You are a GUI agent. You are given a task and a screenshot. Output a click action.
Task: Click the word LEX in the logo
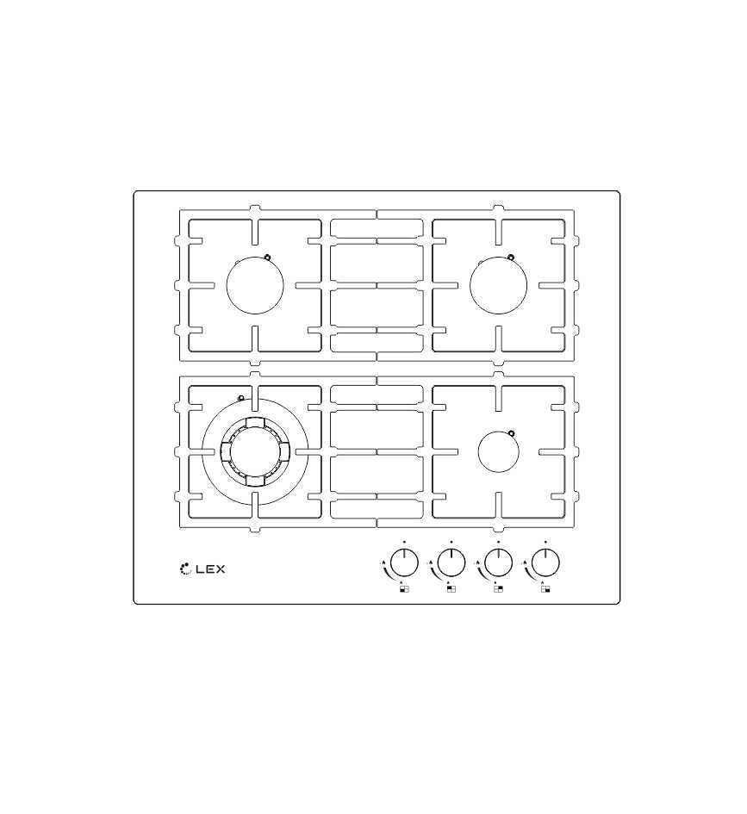tap(210, 569)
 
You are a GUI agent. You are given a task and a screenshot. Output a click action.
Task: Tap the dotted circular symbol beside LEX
tap(185, 569)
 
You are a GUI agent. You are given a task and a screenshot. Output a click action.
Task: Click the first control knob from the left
tap(404, 562)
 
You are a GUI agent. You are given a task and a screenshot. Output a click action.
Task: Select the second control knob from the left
tap(451, 562)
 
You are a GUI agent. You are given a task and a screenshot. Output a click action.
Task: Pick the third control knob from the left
tap(498, 562)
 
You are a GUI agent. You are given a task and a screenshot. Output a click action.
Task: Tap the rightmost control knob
tap(545, 562)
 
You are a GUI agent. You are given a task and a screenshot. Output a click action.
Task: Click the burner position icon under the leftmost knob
tap(404, 588)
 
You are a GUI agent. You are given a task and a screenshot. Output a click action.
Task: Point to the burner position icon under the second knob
tap(451, 588)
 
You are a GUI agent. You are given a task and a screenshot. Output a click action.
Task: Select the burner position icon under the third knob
tap(498, 588)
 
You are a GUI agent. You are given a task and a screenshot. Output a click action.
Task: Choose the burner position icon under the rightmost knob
tap(545, 588)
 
